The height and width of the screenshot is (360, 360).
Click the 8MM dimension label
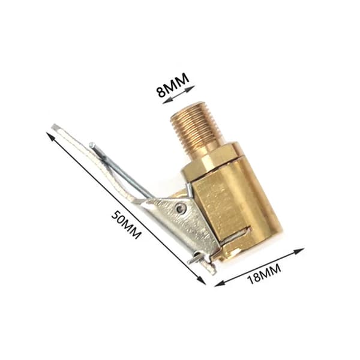(173, 85)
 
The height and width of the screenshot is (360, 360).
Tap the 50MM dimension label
(126, 225)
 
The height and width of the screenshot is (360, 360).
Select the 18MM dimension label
(264, 274)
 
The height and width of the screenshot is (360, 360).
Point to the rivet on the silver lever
(181, 208)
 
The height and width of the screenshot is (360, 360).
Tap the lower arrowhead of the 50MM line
(202, 281)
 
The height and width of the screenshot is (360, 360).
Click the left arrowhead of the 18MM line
(219, 284)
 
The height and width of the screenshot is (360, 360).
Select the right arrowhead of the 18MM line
(299, 251)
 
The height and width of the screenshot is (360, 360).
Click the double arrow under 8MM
(179, 95)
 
